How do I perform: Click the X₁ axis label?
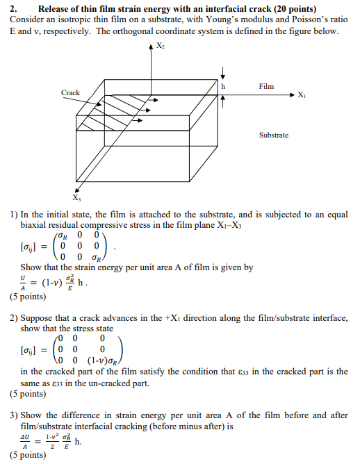pyautogui.click(x=300, y=95)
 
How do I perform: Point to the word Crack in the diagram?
pyautogui.click(x=70, y=92)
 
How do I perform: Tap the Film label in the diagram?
pyautogui.click(x=265, y=86)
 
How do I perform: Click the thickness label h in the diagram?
pyautogui.click(x=224, y=87)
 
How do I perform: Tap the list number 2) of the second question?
pyautogui.click(x=14, y=317)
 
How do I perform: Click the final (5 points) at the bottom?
pyautogui.click(x=27, y=456)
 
